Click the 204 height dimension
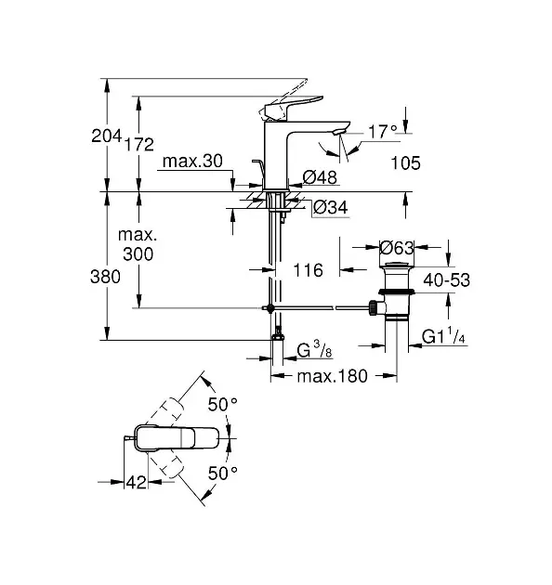click(107, 136)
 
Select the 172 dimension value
click(139, 144)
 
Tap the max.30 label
click(192, 162)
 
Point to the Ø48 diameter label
click(320, 177)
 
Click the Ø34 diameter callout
click(331, 207)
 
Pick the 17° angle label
click(383, 131)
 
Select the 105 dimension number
click(405, 163)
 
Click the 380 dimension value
click(105, 277)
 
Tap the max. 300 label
click(138, 244)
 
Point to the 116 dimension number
click(309, 270)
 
